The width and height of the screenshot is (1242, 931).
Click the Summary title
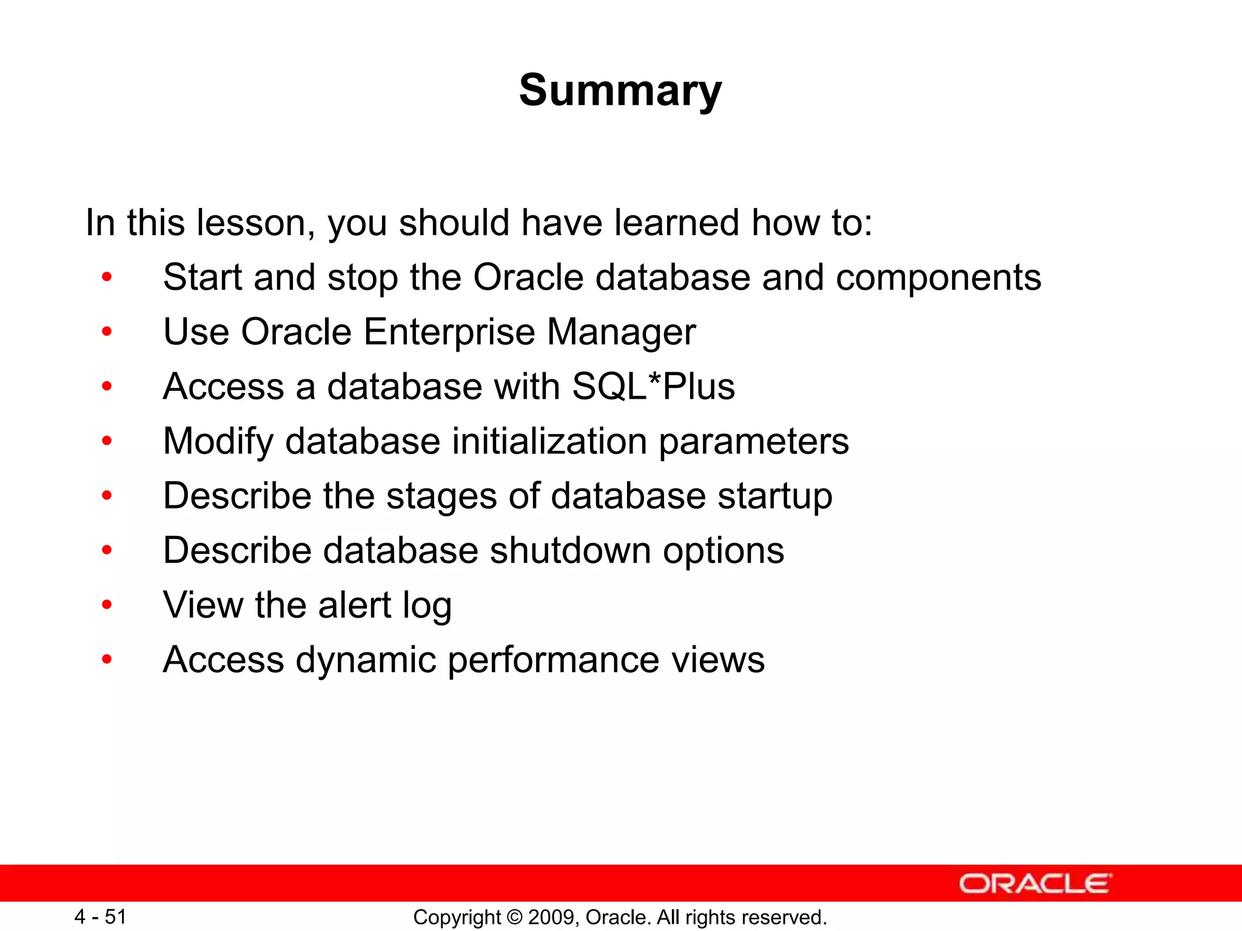[620, 91]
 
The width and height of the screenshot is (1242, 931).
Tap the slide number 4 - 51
[100, 916]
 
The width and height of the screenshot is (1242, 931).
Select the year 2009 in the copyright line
[549, 917]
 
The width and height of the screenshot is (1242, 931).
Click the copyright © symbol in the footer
[514, 917]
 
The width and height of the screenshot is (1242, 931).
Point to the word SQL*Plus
[653, 387]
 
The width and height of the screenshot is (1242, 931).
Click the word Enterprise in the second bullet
[449, 332]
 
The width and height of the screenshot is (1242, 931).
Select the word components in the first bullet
[938, 278]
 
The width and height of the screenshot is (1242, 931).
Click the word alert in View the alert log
[354, 606]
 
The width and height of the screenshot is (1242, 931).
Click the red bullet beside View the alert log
[107, 604]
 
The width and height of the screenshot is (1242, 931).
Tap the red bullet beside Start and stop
[107, 278]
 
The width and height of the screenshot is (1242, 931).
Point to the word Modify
[218, 441]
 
